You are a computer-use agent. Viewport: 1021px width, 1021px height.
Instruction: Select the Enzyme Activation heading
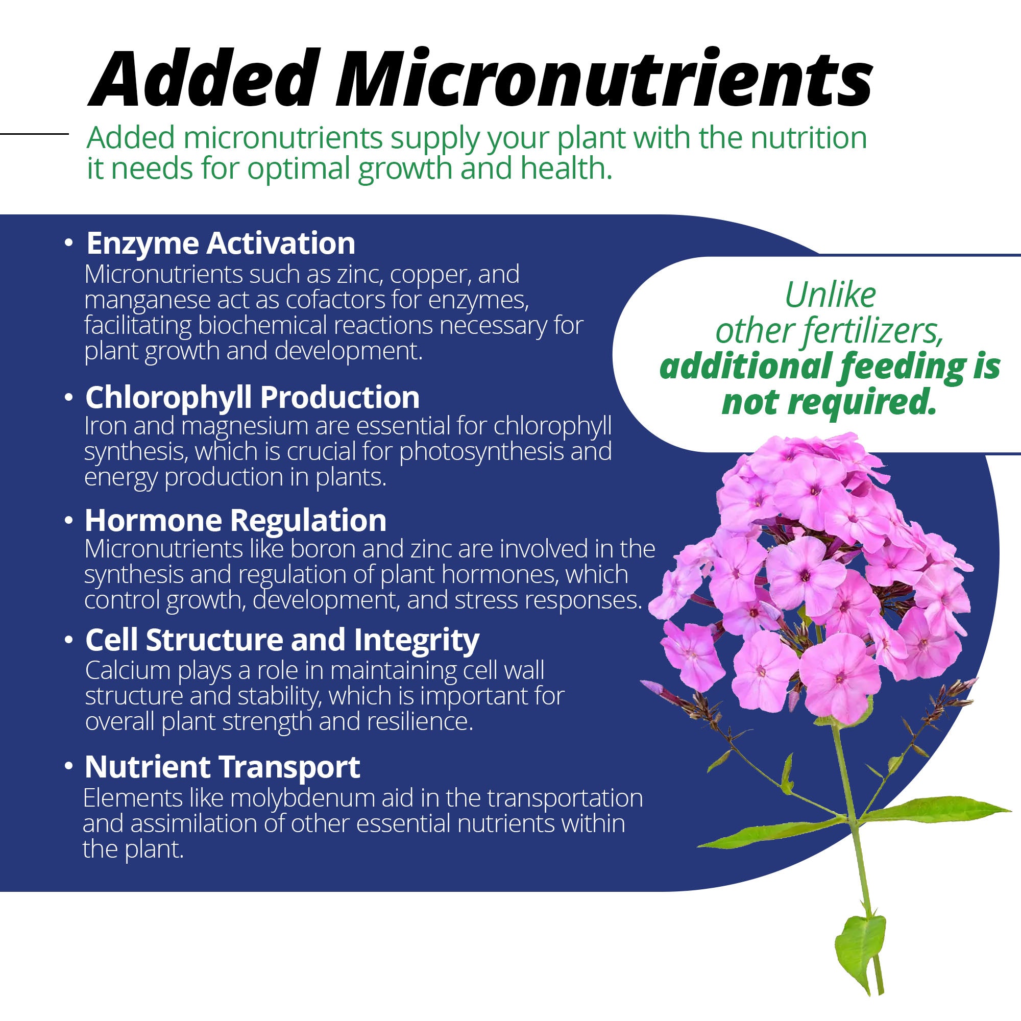(x=221, y=243)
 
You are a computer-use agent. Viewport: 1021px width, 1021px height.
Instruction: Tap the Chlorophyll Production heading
(x=252, y=397)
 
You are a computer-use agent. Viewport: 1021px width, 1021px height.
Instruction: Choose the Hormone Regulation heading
(x=236, y=521)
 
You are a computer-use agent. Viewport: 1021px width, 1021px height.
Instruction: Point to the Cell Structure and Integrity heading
(x=282, y=640)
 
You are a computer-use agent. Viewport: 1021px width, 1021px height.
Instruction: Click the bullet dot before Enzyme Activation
(x=68, y=243)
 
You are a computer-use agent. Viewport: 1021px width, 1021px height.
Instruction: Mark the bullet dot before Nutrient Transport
(x=68, y=766)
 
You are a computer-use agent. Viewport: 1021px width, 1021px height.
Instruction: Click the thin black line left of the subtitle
(x=34, y=134)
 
